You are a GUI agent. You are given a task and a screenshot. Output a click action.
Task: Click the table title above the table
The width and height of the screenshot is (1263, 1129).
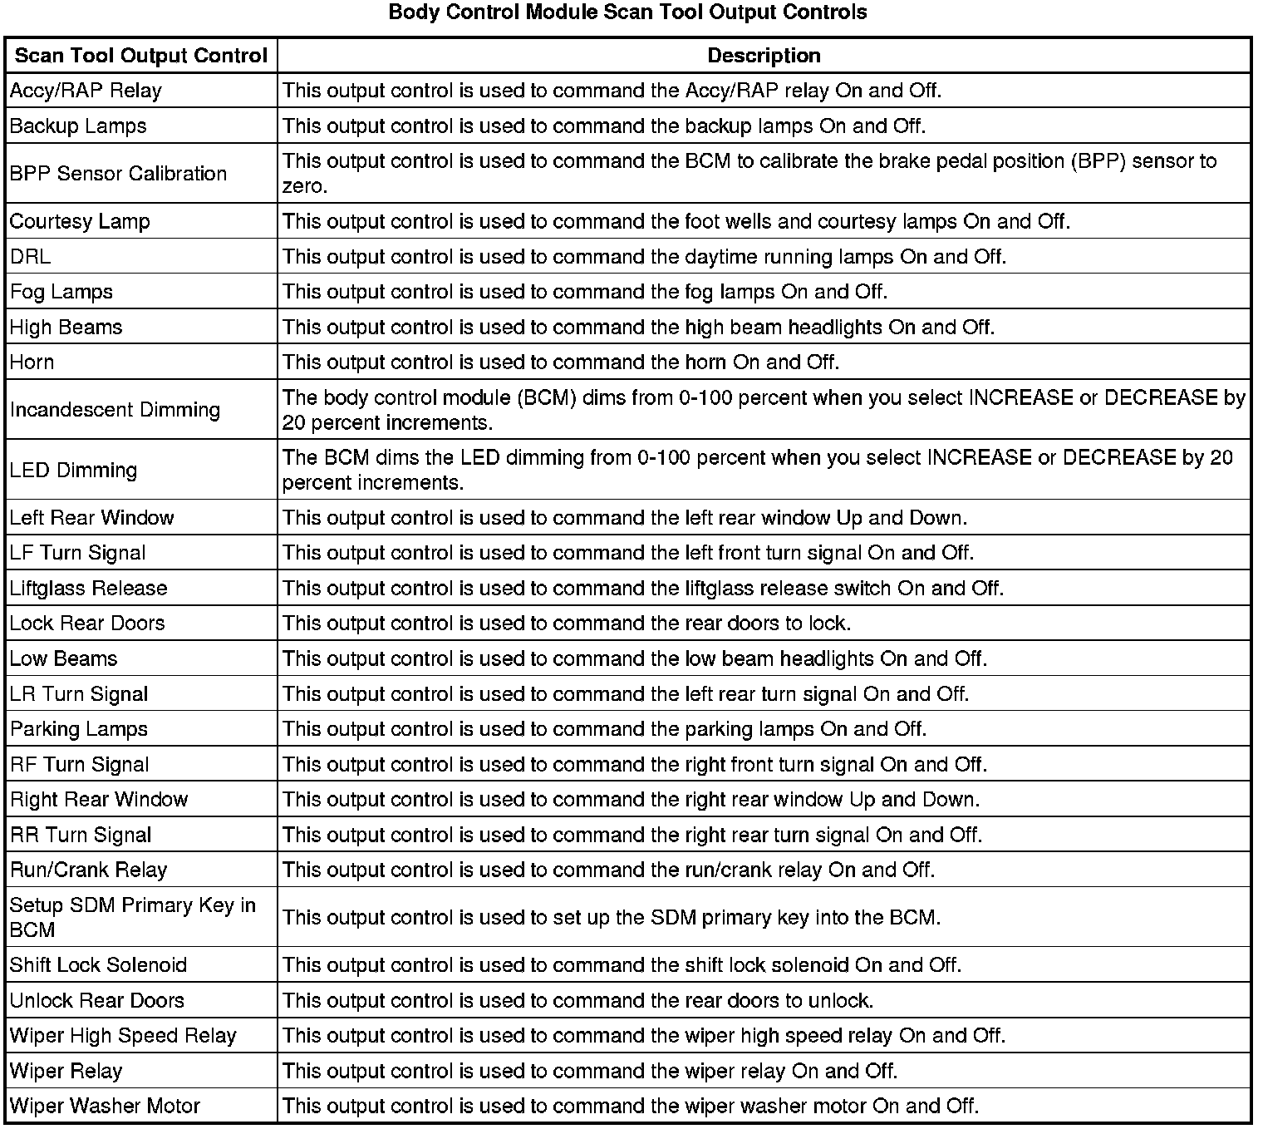pos(627,12)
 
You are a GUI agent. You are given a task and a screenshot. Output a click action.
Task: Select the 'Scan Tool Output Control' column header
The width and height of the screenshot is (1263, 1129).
pos(141,56)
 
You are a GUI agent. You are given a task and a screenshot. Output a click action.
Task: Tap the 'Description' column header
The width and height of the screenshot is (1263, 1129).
pos(764,56)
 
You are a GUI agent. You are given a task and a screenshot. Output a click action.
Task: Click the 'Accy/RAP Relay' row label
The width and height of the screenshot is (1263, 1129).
pos(86,91)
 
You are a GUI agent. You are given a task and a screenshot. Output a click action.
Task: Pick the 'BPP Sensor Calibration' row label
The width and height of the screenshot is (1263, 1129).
pos(118,174)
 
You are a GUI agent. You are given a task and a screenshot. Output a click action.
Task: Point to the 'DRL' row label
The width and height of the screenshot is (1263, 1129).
pos(31,257)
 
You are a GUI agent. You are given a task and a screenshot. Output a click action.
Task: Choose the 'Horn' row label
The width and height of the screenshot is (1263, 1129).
pos(32,362)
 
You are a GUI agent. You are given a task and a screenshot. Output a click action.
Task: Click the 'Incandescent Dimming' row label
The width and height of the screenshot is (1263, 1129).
pos(115,410)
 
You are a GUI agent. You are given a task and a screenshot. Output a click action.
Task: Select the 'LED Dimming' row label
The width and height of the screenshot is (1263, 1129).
pos(73,471)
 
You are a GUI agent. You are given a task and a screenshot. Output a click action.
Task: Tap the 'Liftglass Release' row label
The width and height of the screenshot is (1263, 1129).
pos(88,589)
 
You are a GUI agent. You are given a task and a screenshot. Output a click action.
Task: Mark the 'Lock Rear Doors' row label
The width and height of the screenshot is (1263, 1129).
pos(87,624)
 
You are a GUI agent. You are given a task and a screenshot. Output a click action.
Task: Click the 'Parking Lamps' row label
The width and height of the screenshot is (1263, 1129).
pos(79,729)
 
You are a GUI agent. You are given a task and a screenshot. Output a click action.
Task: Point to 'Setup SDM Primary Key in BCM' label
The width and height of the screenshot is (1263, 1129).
pos(132,917)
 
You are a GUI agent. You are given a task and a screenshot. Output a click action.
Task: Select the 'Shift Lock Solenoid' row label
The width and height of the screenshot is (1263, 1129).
pos(98,965)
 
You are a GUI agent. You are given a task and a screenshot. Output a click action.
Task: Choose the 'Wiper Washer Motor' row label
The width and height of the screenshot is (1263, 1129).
pos(105,1107)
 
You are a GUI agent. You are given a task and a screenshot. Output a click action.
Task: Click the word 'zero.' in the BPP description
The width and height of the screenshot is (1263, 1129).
pos(305,186)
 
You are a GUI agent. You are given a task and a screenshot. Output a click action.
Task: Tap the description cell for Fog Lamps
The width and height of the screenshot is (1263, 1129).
pos(585,292)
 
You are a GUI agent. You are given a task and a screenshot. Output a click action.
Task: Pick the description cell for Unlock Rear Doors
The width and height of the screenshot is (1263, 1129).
pos(577,1001)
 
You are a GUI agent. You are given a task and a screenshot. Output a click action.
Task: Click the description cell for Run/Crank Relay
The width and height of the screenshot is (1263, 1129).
pos(608,870)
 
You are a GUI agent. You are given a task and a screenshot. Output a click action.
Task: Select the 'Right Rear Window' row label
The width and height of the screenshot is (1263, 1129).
pos(99,800)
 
